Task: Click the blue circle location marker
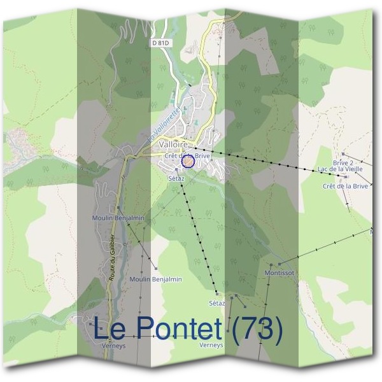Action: tap(187, 162)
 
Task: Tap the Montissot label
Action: tap(279, 272)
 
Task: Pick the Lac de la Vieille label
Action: tap(340, 169)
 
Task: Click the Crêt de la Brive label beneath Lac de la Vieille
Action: tap(346, 186)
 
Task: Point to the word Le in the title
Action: tap(112, 329)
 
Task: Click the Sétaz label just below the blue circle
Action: tap(176, 179)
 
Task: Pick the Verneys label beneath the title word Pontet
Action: tap(211, 345)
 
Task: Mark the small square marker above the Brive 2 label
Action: tap(343, 153)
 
